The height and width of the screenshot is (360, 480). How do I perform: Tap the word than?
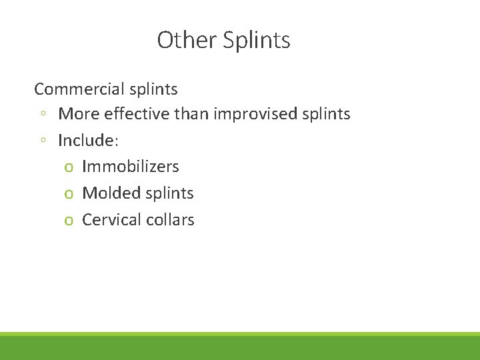click(x=192, y=114)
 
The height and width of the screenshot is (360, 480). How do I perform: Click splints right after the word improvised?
click(x=326, y=115)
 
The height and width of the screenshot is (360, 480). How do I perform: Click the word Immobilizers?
click(x=131, y=167)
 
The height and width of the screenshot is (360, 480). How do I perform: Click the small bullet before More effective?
click(x=42, y=115)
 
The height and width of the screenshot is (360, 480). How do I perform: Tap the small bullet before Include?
click(x=42, y=141)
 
